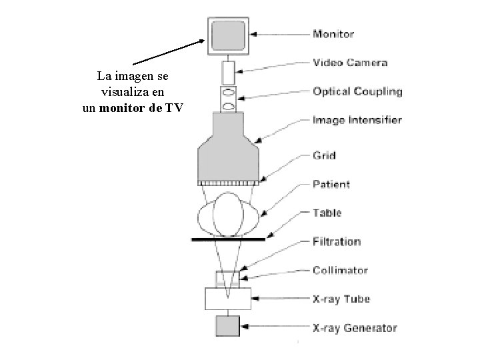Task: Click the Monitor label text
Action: click(x=333, y=33)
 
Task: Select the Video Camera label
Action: click(x=350, y=63)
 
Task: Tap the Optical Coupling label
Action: click(x=357, y=92)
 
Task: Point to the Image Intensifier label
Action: click(x=357, y=121)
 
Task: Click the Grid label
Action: click(x=325, y=155)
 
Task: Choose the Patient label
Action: click(x=331, y=184)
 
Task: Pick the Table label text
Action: click(x=327, y=213)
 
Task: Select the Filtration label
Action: click(x=337, y=241)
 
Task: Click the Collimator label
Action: click(x=340, y=271)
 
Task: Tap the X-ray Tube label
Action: click(x=341, y=299)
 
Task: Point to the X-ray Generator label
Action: click(x=355, y=328)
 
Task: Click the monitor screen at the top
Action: click(x=228, y=35)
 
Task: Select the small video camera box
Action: click(x=228, y=71)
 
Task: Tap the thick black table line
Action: click(x=228, y=238)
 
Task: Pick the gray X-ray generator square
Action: click(x=228, y=327)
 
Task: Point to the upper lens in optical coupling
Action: click(x=228, y=92)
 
